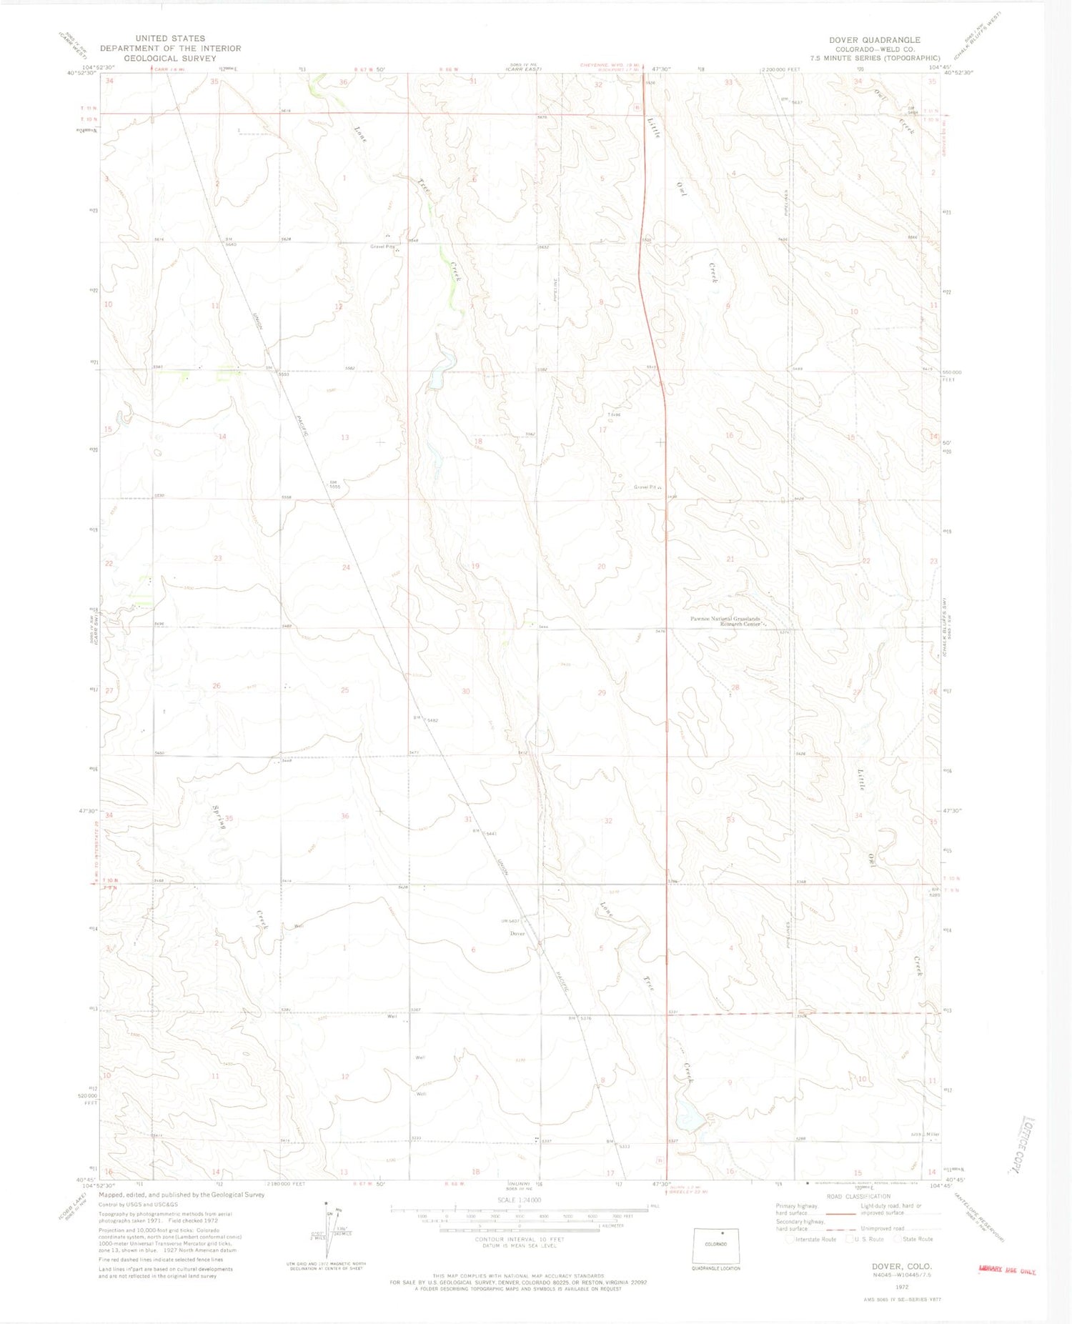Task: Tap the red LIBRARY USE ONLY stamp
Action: coord(1007,1270)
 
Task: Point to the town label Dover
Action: coord(517,933)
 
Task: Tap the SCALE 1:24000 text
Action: coord(519,1200)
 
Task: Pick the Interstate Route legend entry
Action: coord(812,1239)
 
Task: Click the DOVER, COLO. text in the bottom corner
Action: coord(901,1266)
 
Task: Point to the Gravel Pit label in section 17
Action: coord(645,487)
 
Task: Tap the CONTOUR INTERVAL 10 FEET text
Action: coord(520,1239)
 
